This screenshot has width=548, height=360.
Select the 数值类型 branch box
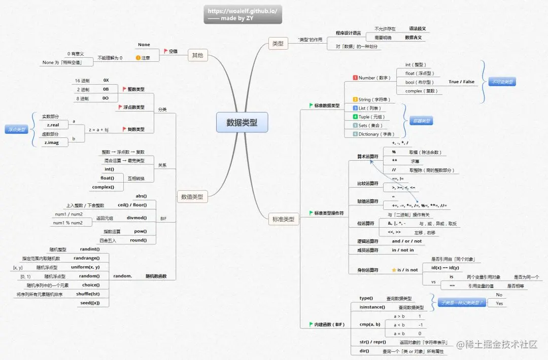(192, 196)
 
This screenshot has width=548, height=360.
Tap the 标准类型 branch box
(284, 220)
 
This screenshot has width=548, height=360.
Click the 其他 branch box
(197, 55)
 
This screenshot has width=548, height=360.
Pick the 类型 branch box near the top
(278, 44)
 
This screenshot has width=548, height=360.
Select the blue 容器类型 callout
(421, 121)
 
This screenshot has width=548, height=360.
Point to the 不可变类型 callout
(501, 82)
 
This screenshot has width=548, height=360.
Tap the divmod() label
(136, 218)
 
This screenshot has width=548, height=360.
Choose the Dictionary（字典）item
(375, 134)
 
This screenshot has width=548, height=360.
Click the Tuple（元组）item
(370, 117)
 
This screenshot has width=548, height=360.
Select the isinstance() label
(372, 307)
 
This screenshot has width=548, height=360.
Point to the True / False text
(461, 82)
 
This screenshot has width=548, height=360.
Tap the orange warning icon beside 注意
(138, 58)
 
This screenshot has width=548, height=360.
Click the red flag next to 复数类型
(125, 129)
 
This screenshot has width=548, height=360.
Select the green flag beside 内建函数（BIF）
(311, 324)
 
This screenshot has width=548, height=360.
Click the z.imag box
(53, 143)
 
